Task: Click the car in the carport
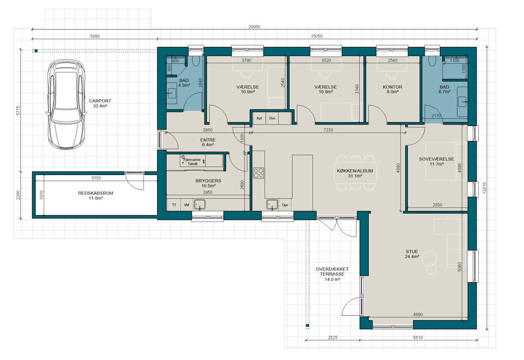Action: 66,104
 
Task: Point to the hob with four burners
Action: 258,173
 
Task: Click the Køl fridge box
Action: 259,118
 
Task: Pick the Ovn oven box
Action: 272,118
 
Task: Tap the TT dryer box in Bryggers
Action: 174,205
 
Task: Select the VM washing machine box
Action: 187,205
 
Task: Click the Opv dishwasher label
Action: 285,205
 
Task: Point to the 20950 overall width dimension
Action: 255,27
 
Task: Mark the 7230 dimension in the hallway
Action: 328,130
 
